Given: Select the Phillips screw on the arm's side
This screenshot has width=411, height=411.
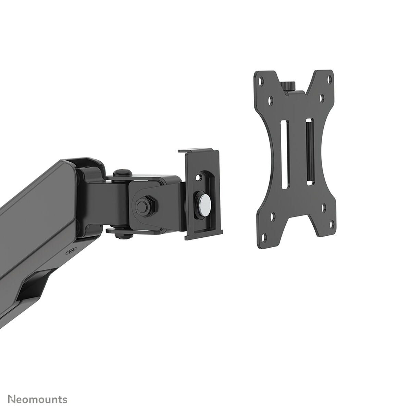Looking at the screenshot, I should [x=71, y=251].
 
